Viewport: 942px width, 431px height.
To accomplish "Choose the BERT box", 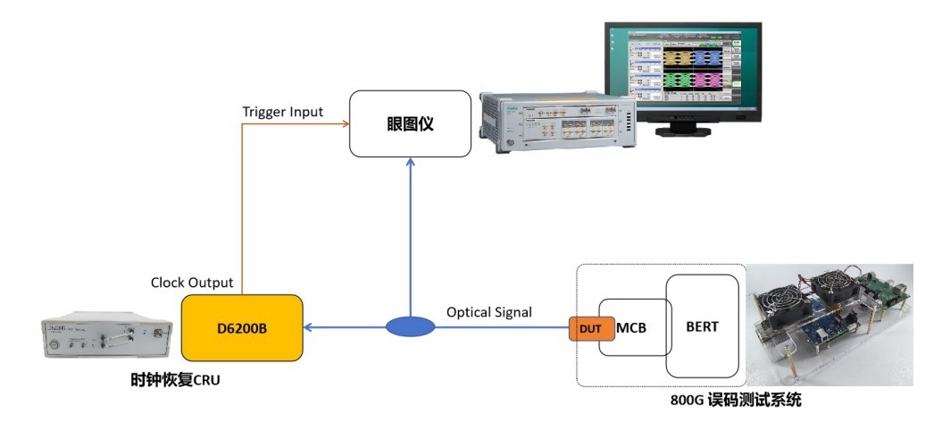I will click(x=701, y=326).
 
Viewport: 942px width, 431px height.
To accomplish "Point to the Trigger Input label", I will click(x=282, y=112).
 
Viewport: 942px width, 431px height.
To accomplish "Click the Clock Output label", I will click(x=192, y=283).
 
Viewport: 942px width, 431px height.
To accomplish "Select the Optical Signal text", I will click(x=488, y=312).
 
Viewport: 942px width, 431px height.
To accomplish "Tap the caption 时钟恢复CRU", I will click(x=175, y=381).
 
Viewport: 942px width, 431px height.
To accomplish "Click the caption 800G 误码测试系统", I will click(x=736, y=401).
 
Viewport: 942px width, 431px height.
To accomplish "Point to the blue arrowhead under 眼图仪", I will click(x=410, y=162).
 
